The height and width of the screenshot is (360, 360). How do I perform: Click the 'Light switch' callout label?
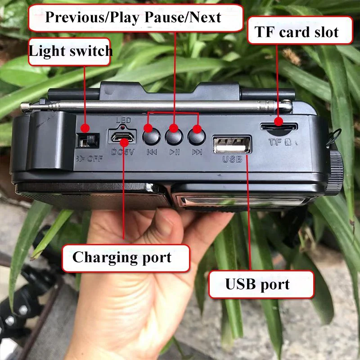[70, 51]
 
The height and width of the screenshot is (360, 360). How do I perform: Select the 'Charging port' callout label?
[122, 258]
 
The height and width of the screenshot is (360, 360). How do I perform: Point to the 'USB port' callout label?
[258, 284]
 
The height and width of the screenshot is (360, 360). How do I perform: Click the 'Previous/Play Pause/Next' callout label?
[133, 17]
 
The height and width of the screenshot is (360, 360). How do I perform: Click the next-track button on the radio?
[197, 134]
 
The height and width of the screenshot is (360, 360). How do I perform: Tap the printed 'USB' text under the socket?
[232, 159]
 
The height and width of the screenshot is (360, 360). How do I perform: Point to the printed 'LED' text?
[123, 120]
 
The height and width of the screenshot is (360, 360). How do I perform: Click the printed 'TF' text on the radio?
[275, 143]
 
